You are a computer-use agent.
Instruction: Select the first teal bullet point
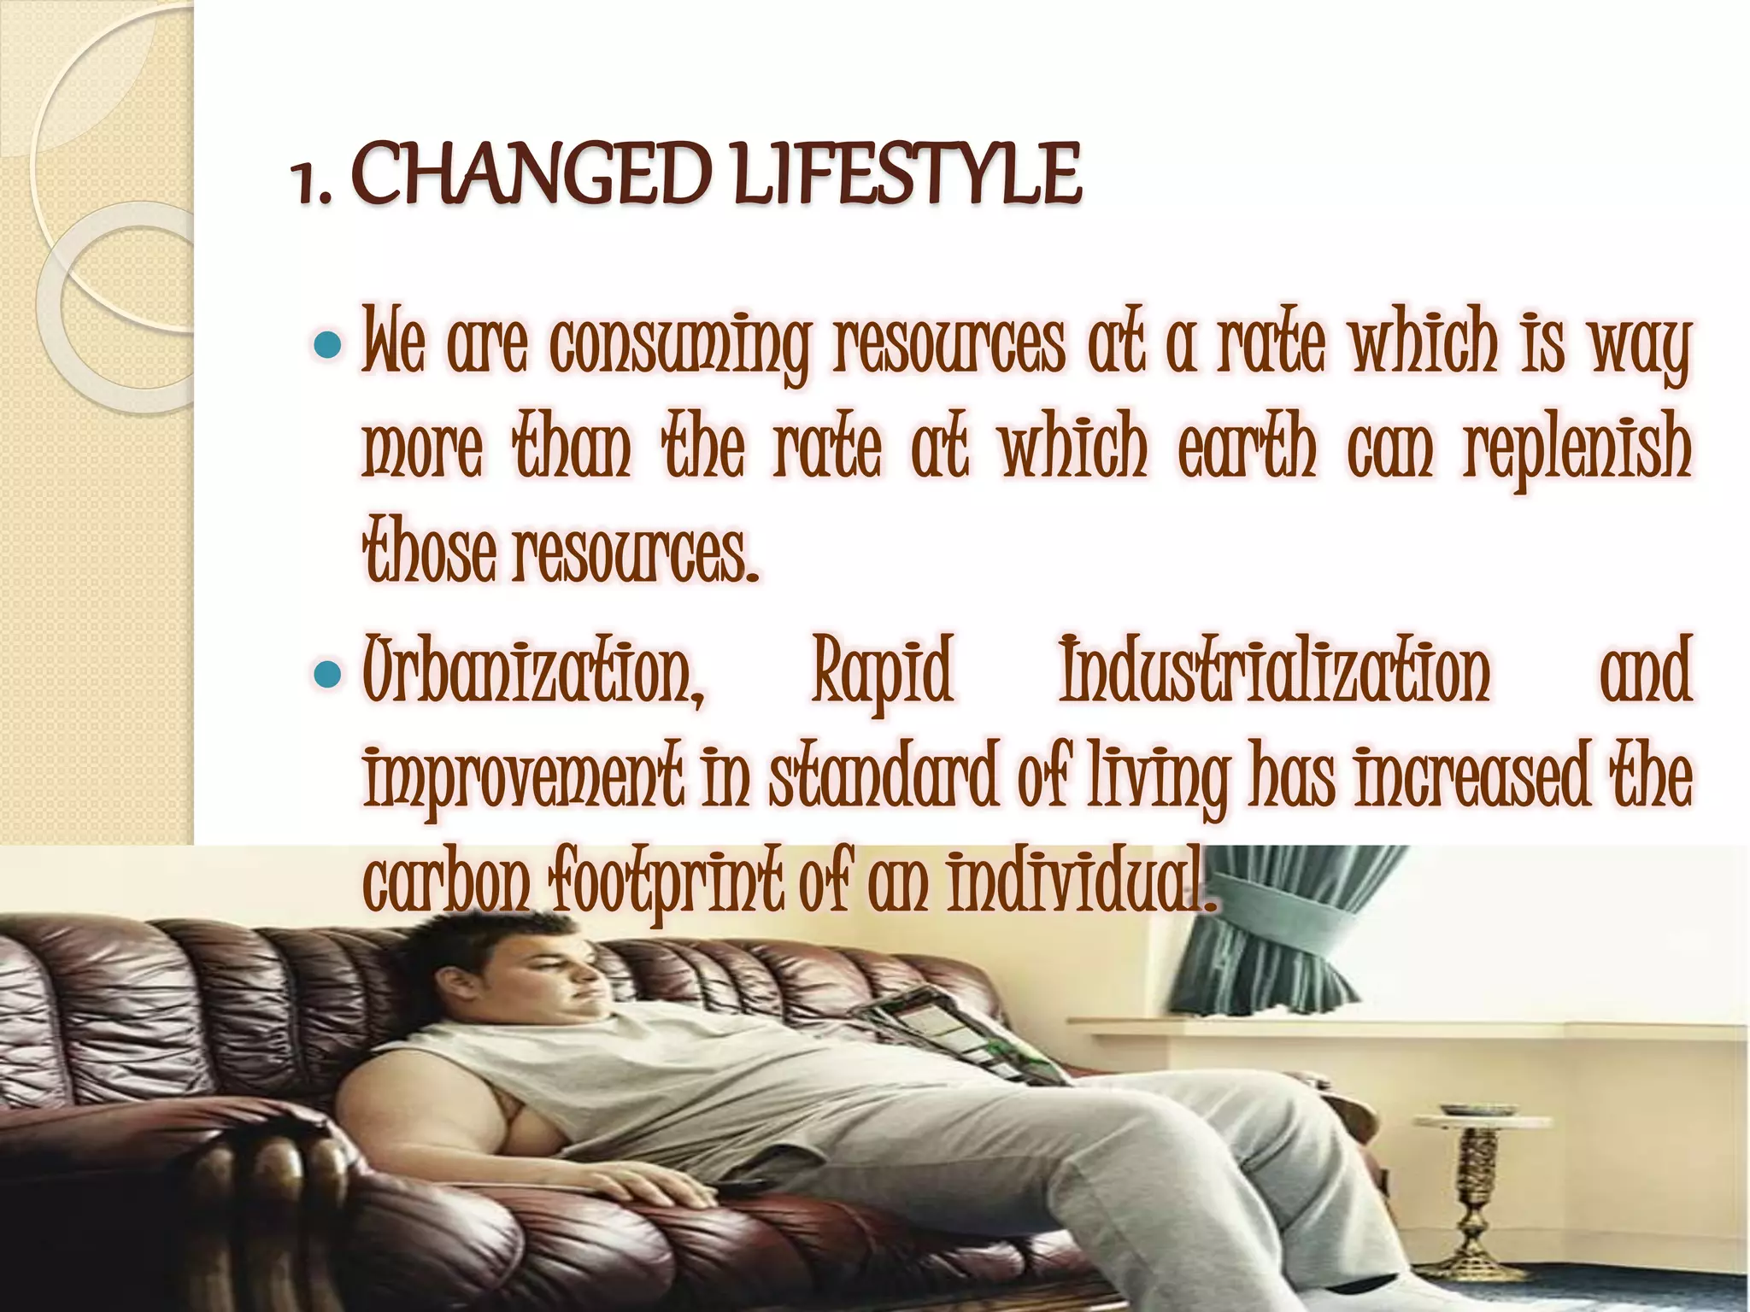(327, 345)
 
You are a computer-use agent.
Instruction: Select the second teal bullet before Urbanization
(327, 676)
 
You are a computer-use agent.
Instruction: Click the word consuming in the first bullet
(679, 346)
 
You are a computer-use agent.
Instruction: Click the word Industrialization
(1273, 671)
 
